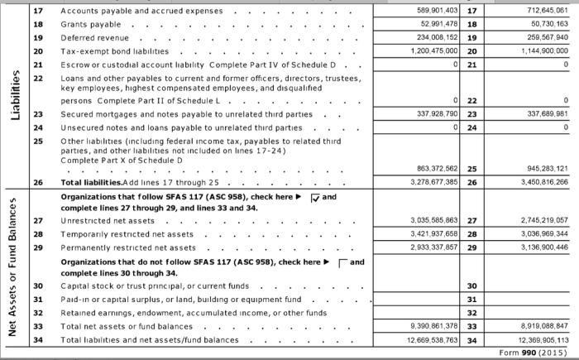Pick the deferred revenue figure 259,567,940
540,38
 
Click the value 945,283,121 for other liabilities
540,168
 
